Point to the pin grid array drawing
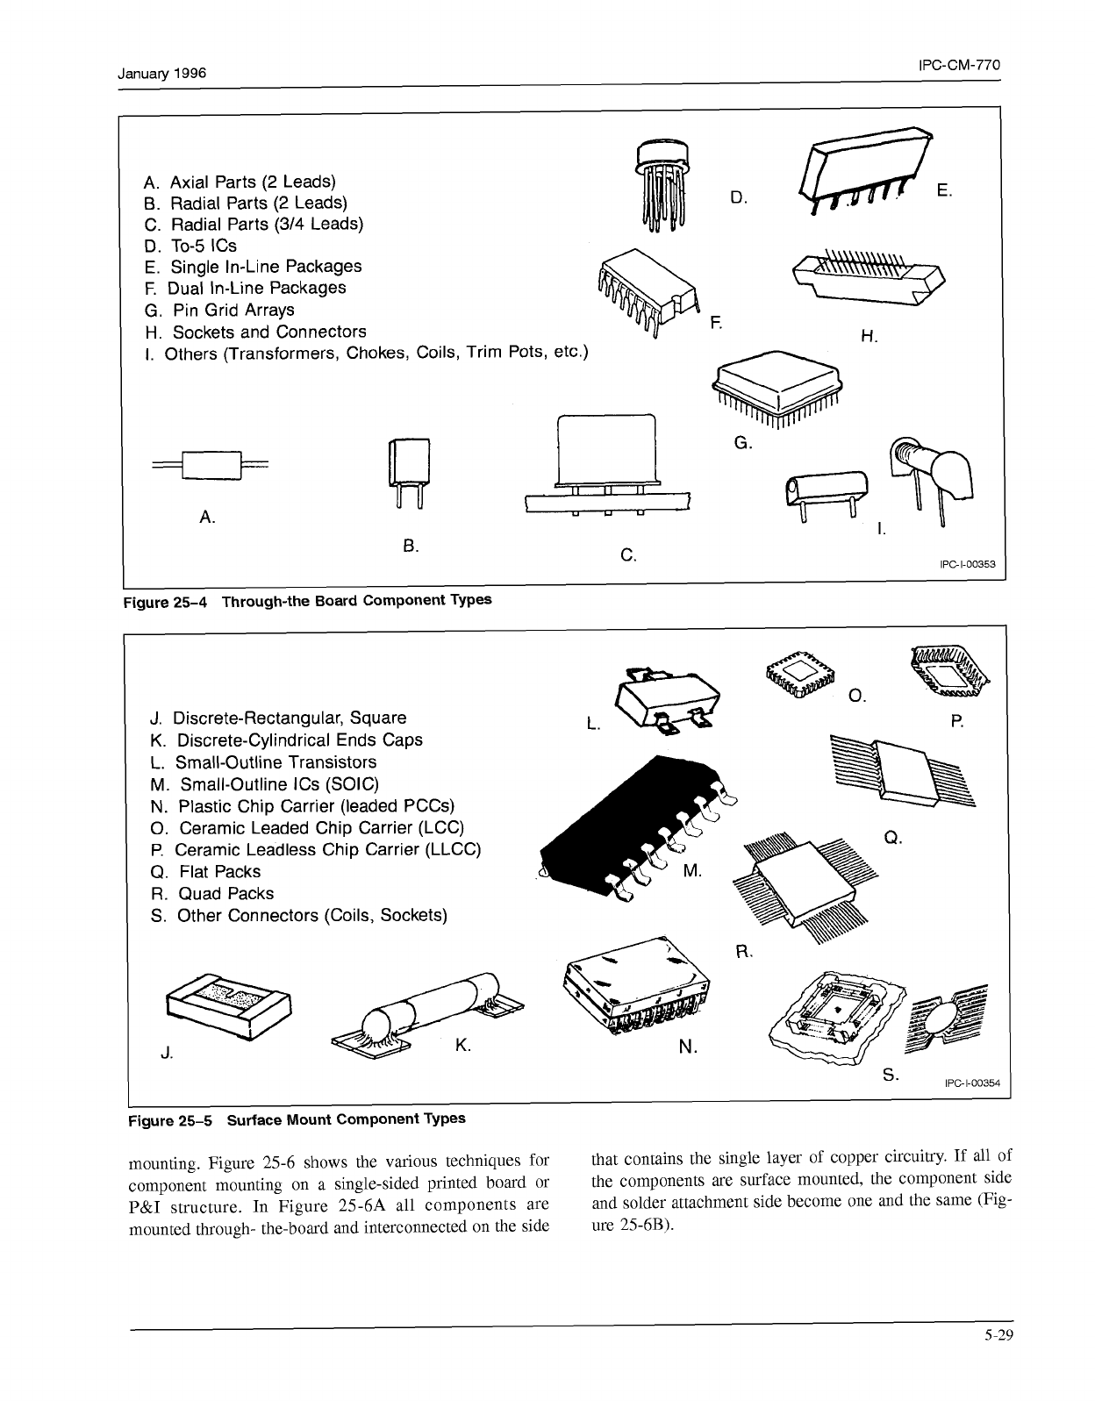click(776, 386)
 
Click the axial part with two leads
click(211, 464)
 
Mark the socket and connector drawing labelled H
click(868, 278)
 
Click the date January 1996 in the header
click(162, 74)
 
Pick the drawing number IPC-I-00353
click(967, 564)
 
